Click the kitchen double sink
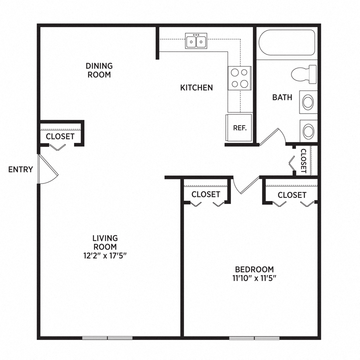pyautogui.click(x=196, y=41)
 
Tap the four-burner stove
pyautogui.click(x=239, y=78)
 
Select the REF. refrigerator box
pyautogui.click(x=239, y=127)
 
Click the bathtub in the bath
pyautogui.click(x=287, y=42)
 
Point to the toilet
pyautogui.click(x=304, y=74)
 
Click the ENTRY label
pyautogui.click(x=20, y=169)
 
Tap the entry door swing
pyautogui.click(x=48, y=169)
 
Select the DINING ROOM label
pyautogui.click(x=99, y=70)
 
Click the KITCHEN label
pyautogui.click(x=196, y=87)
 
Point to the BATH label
pyautogui.click(x=282, y=97)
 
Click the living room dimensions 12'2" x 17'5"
pyautogui.click(x=105, y=255)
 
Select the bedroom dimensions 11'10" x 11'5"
pyautogui.click(x=254, y=278)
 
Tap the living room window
pyautogui.click(x=107, y=338)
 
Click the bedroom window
pyautogui.click(x=254, y=338)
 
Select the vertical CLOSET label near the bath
pyautogui.click(x=303, y=161)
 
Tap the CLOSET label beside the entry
pyautogui.click(x=60, y=136)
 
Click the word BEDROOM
pyautogui.click(x=254, y=269)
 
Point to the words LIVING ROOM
pyautogui.click(x=105, y=242)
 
